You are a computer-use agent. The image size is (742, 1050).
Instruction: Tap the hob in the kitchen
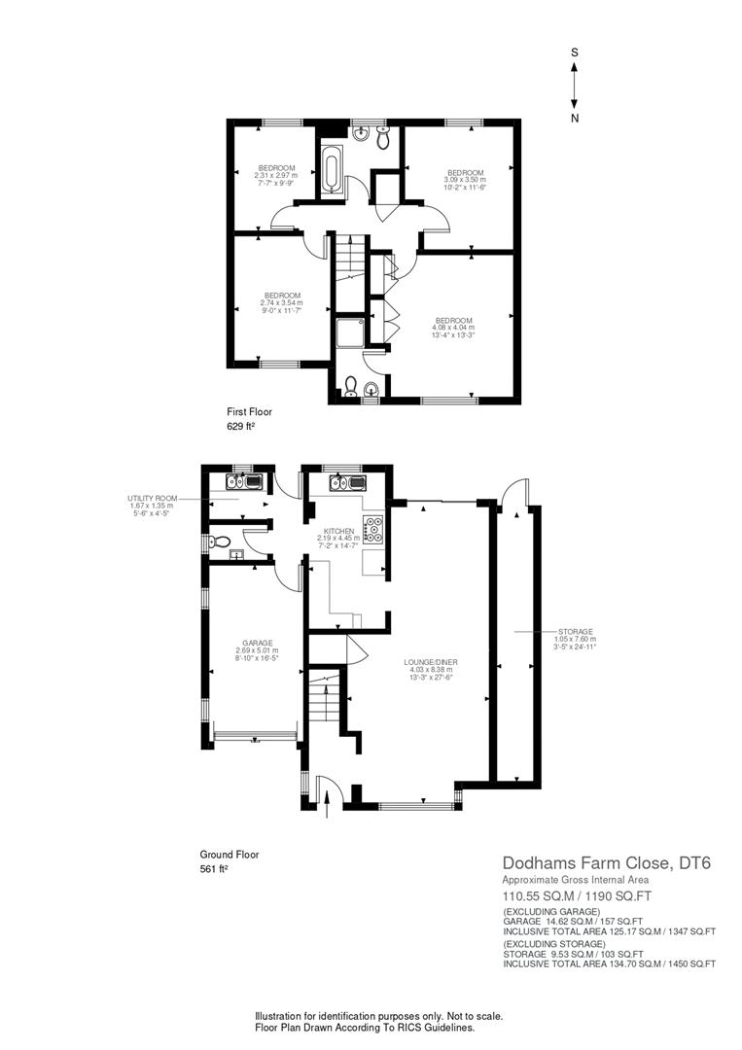click(374, 529)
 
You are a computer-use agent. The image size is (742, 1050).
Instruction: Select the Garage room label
click(257, 643)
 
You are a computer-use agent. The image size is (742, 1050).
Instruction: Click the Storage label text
click(576, 632)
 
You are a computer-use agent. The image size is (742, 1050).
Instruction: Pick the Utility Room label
click(153, 498)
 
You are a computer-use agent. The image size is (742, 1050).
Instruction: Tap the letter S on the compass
click(575, 52)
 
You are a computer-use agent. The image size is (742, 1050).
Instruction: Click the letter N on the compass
click(575, 118)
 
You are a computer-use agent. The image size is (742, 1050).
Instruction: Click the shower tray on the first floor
click(347, 332)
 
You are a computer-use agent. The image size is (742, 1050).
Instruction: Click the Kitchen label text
click(338, 531)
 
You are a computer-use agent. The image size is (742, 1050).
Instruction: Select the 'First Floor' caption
click(249, 412)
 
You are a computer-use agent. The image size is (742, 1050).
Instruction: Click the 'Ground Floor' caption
click(230, 855)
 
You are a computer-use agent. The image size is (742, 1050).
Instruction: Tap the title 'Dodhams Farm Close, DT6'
click(607, 862)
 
